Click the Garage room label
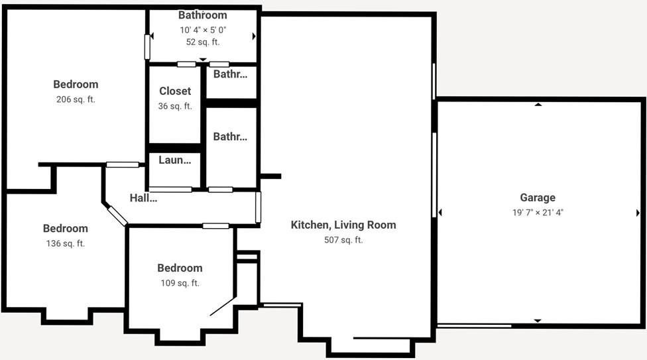click(x=538, y=198)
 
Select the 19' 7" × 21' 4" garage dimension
click(x=538, y=213)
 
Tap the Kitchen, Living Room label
click(x=343, y=225)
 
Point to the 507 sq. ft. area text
click(x=343, y=240)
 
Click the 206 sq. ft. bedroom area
click(x=76, y=99)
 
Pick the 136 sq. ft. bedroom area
click(x=65, y=243)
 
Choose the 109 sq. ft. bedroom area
click(x=180, y=283)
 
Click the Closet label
click(x=175, y=91)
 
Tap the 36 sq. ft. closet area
click(x=175, y=106)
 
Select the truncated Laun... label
click(x=175, y=160)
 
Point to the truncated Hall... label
click(x=143, y=198)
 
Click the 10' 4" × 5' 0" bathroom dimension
click(x=202, y=30)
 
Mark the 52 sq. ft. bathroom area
click(x=202, y=42)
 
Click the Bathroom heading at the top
click(x=202, y=15)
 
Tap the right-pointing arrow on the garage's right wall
click(x=638, y=213)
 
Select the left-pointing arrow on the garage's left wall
click(x=440, y=213)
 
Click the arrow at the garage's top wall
click(x=538, y=104)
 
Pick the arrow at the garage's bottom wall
click(x=538, y=321)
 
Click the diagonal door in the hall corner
click(x=118, y=215)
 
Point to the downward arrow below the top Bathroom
click(x=203, y=60)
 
